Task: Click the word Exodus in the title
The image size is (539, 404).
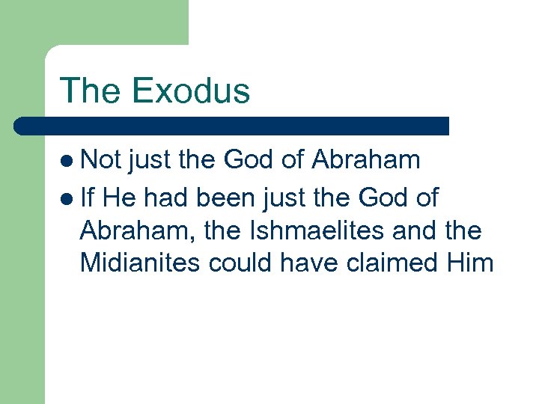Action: (x=191, y=91)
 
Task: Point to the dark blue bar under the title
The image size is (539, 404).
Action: (x=232, y=126)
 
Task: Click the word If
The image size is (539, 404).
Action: (x=88, y=198)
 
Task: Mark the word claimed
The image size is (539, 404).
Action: (x=395, y=263)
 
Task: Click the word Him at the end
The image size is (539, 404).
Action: (x=470, y=263)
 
